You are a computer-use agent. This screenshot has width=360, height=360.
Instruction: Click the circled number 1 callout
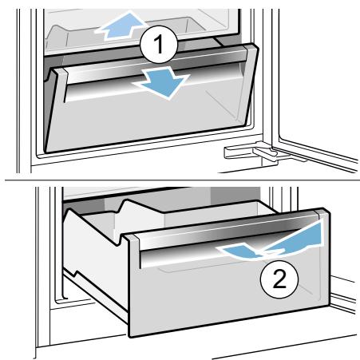click(159, 45)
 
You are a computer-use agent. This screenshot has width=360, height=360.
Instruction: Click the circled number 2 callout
click(279, 279)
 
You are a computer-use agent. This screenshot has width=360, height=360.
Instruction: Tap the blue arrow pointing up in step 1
click(121, 26)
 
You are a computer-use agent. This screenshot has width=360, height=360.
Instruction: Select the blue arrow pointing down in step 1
click(163, 82)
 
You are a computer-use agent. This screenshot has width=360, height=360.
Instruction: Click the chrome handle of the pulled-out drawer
click(229, 234)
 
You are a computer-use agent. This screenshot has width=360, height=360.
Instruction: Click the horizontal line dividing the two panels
click(182, 180)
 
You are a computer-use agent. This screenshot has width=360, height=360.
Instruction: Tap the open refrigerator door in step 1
click(314, 88)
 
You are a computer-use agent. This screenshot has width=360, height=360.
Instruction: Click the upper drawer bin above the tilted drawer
click(133, 32)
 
